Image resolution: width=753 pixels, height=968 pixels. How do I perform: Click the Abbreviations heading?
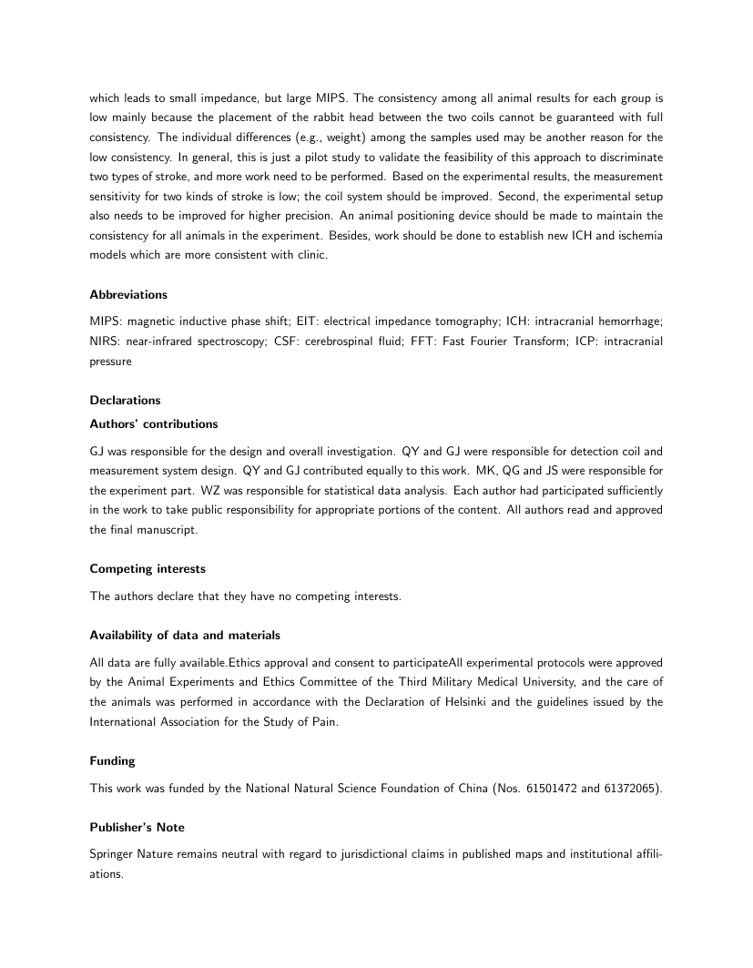(x=128, y=295)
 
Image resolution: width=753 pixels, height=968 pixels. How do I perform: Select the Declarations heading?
(x=125, y=400)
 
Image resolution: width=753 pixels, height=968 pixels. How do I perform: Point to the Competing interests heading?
(x=148, y=569)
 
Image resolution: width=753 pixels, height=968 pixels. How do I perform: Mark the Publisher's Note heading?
(x=137, y=827)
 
